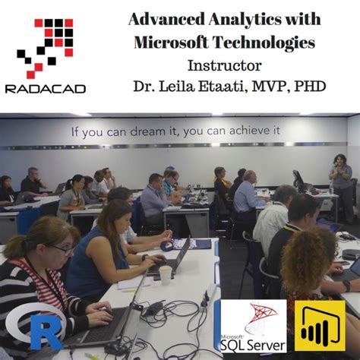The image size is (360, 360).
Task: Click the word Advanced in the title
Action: pos(163,19)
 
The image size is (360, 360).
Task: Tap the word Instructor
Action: pos(224,66)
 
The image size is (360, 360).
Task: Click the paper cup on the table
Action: pos(165,275)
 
